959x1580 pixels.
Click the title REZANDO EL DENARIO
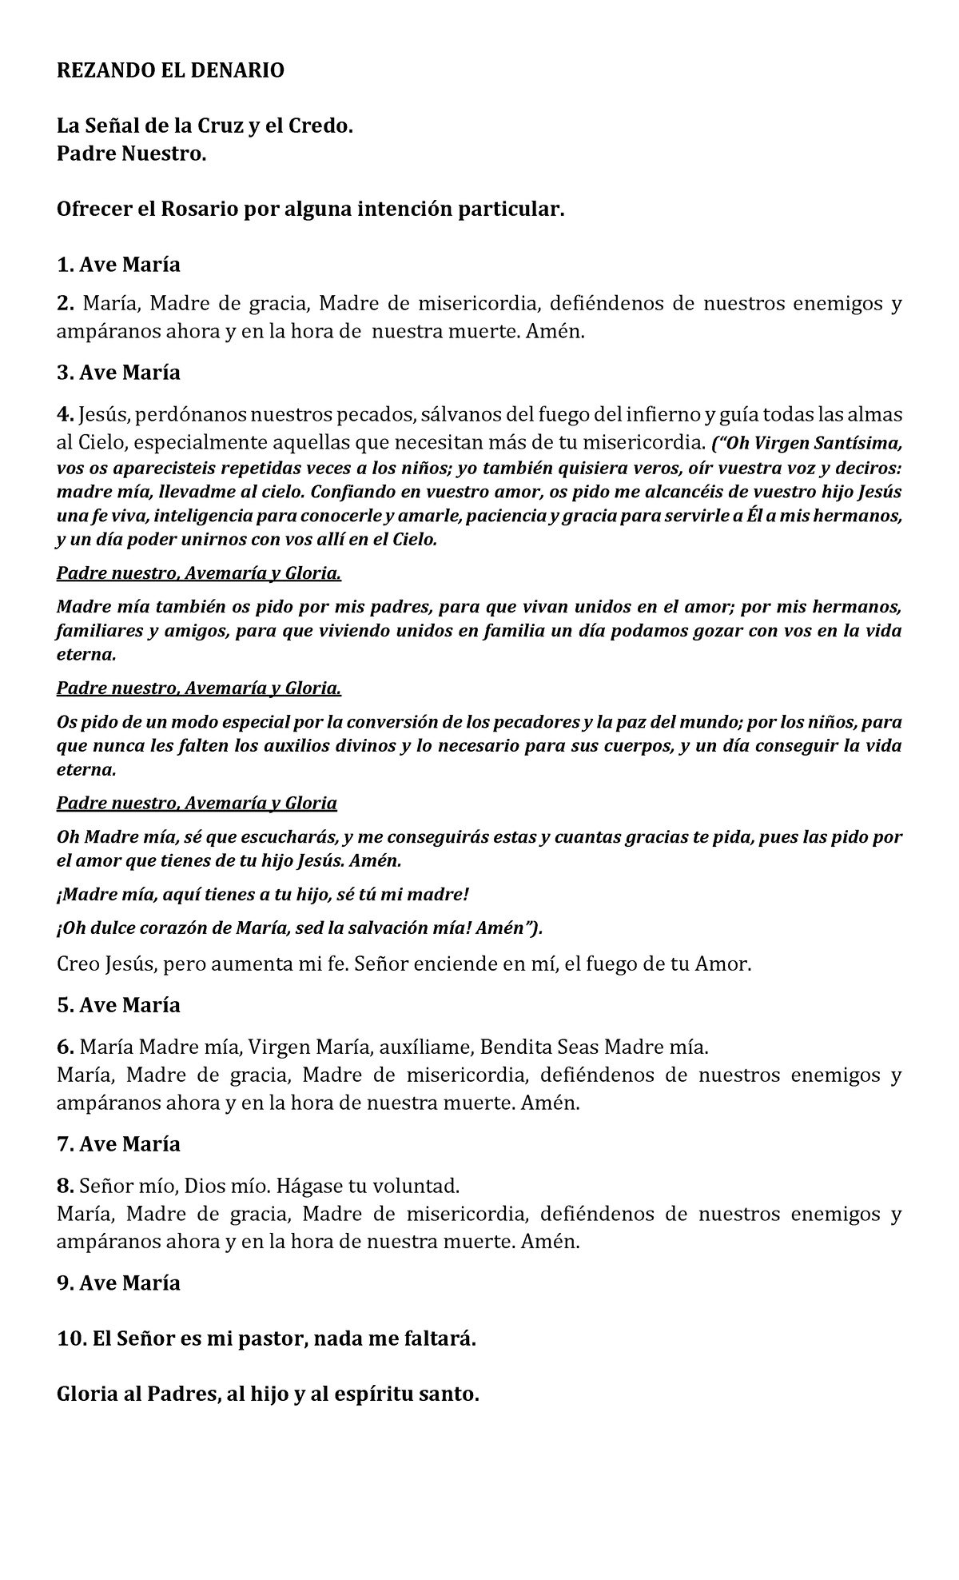[x=169, y=70]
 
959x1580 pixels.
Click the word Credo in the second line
[x=319, y=126]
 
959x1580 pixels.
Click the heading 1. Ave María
[x=118, y=264]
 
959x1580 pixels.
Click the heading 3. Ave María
[x=118, y=373]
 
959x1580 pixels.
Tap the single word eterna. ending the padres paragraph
[x=86, y=655]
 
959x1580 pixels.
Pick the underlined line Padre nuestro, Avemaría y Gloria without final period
[x=197, y=803]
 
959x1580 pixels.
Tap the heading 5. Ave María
[x=118, y=1005]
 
